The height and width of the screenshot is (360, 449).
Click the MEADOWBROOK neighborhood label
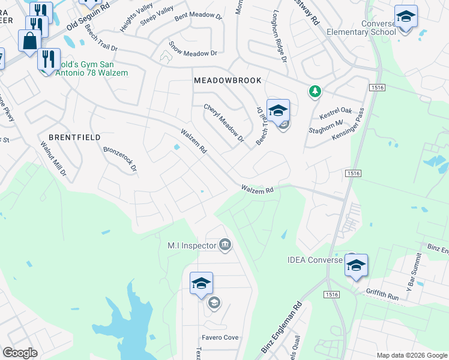pyautogui.click(x=222, y=80)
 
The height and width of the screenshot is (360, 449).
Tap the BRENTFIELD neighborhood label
pyautogui.click(x=74, y=137)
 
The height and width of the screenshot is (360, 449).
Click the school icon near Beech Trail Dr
pyautogui.click(x=278, y=110)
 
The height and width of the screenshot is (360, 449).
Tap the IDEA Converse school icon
pyautogui.click(x=356, y=265)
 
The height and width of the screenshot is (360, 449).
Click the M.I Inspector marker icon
pyautogui.click(x=225, y=245)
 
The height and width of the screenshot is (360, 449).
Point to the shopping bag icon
pyautogui.click(x=29, y=41)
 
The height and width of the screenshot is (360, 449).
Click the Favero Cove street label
pyautogui.click(x=220, y=338)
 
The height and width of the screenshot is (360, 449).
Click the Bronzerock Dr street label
pyautogui.click(x=120, y=159)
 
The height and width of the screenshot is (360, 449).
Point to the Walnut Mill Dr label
pyautogui.click(x=53, y=158)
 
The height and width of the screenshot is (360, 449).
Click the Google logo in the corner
pyautogui.click(x=20, y=352)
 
